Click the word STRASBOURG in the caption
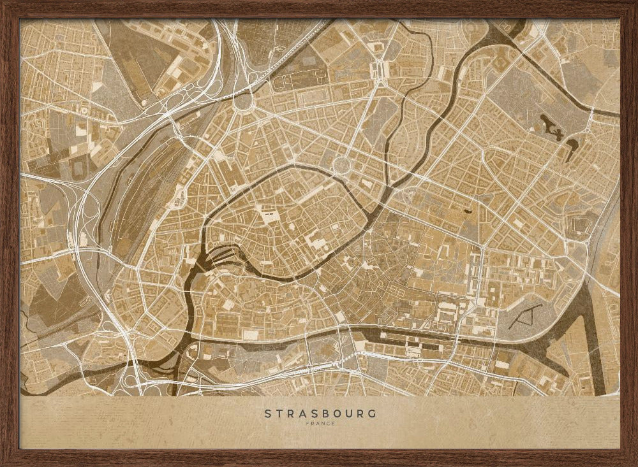(x=320, y=413)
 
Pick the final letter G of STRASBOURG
(x=373, y=413)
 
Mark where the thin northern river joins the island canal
(x=383, y=198)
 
